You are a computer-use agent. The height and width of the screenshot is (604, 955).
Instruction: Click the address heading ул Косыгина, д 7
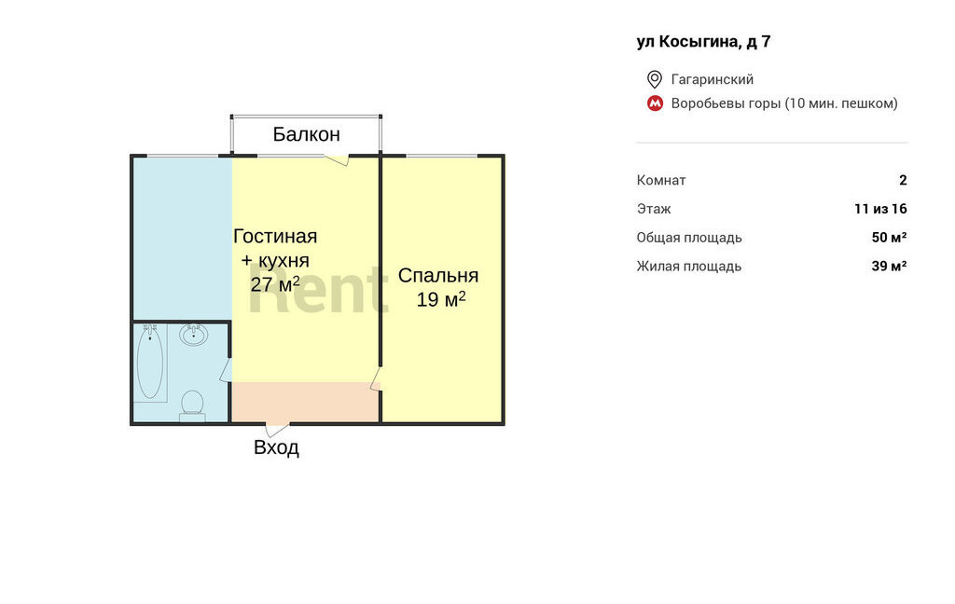[x=703, y=42]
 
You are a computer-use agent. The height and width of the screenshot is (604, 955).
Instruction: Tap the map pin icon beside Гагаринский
[x=654, y=79]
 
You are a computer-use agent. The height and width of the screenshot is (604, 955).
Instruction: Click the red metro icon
[x=655, y=103]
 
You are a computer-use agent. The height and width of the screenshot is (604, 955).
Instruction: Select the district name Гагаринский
[x=712, y=79]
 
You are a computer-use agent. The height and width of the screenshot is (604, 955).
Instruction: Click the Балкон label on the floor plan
[x=306, y=134]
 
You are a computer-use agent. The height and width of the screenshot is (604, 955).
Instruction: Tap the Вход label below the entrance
[x=276, y=447]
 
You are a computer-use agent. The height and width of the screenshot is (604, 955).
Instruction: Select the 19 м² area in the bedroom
[x=441, y=299]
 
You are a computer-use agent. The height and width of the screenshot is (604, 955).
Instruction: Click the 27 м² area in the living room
[x=275, y=284]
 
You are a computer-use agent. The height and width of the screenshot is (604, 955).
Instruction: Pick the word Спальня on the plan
[x=438, y=275]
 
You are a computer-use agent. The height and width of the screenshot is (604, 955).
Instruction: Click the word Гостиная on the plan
[x=275, y=236]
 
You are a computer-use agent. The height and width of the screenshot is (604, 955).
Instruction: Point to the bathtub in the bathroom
[x=150, y=363]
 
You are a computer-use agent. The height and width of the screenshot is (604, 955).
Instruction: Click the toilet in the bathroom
[x=192, y=405]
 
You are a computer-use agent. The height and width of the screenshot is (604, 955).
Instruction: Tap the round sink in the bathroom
[x=194, y=335]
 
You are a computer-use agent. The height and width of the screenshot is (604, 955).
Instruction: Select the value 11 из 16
[x=880, y=209]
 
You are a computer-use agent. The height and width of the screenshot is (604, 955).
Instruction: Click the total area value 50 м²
[x=889, y=238]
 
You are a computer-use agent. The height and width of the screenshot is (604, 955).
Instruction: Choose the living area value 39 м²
[x=889, y=266]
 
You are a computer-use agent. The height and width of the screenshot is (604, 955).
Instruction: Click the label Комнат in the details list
[x=661, y=180]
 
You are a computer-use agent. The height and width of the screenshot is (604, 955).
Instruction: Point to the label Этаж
[x=654, y=209]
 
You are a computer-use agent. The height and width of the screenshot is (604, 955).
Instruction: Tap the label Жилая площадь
[x=689, y=266]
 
